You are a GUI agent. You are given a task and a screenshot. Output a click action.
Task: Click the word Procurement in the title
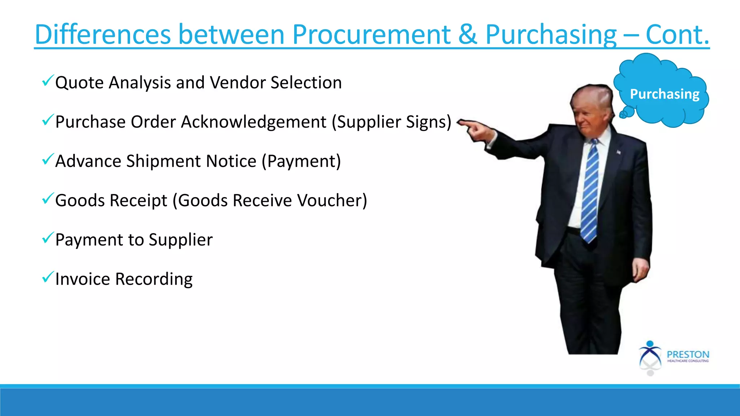tap(371, 35)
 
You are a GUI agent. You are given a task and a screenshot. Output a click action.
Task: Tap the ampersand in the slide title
tap(468, 35)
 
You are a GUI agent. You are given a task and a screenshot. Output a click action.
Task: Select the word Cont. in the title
tap(677, 35)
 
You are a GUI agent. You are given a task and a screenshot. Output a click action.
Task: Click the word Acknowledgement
tap(254, 122)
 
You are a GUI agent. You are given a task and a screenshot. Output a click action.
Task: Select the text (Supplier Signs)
tap(392, 122)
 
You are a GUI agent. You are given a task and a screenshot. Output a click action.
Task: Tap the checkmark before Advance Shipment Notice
tap(48, 159)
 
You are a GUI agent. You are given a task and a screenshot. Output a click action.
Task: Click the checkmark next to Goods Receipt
tap(48, 198)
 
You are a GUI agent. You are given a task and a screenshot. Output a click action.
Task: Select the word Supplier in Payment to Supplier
tap(181, 240)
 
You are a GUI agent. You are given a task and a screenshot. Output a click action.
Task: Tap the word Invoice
tap(83, 279)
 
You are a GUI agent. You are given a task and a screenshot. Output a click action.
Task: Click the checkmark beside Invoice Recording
tap(48, 277)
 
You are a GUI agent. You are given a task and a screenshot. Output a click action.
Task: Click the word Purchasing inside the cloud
tap(664, 94)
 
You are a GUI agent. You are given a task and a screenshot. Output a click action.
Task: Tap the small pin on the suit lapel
tap(619, 152)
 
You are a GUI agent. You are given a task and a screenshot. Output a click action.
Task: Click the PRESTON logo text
tap(688, 354)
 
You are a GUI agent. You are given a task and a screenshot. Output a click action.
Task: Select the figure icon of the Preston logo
tap(650, 356)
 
